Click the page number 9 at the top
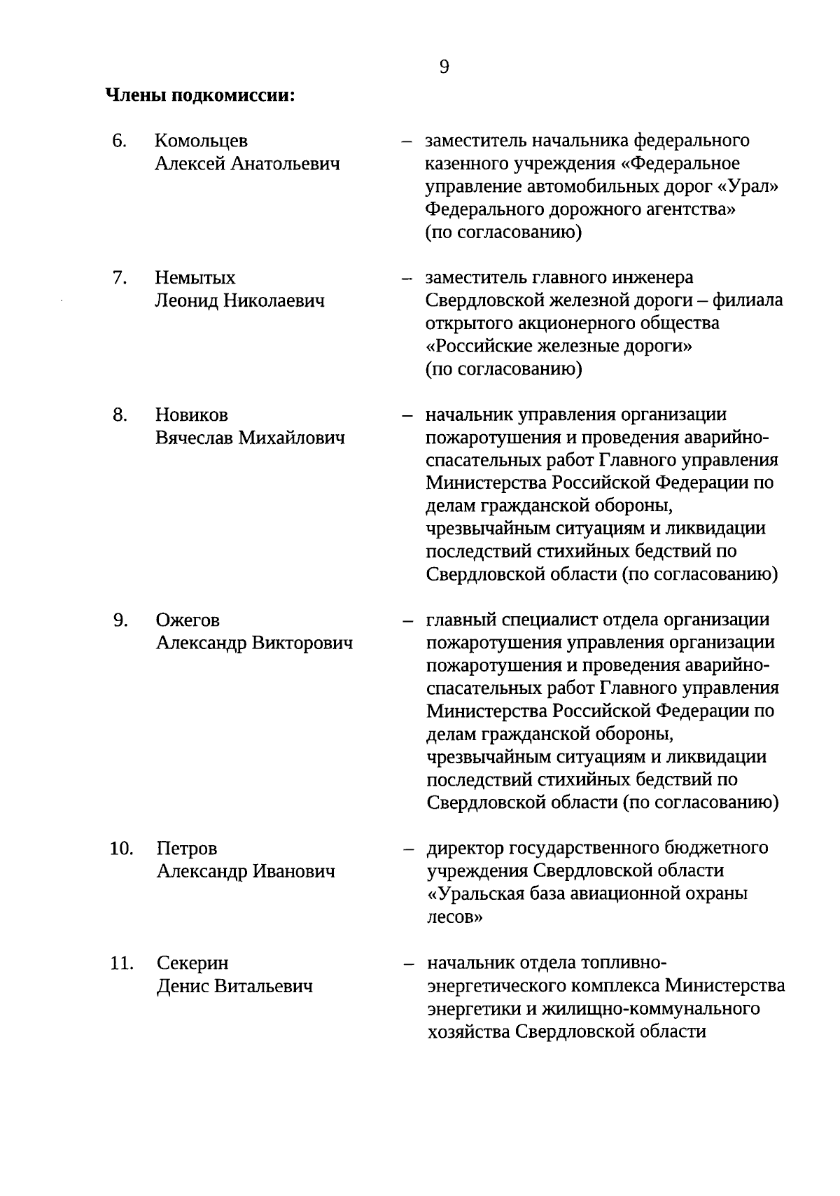click(x=444, y=67)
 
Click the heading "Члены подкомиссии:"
click(x=200, y=95)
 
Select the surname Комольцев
click(x=201, y=141)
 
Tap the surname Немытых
click(x=195, y=278)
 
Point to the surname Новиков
click(x=192, y=415)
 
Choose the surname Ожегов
click(x=188, y=620)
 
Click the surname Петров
click(x=187, y=849)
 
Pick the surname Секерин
click(x=192, y=964)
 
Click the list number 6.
click(x=119, y=141)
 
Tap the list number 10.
click(x=121, y=849)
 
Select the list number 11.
click(x=121, y=964)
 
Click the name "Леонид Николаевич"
click(x=240, y=301)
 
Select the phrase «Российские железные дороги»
click(x=559, y=347)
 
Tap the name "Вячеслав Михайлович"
click(x=250, y=438)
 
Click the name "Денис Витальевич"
click(x=234, y=987)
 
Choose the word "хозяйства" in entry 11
click(x=468, y=1031)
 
